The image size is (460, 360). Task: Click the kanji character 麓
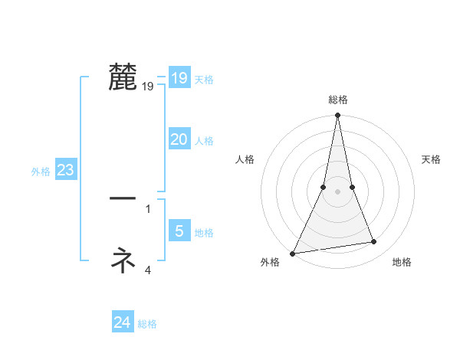point(123,77)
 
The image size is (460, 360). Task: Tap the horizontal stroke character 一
point(123,198)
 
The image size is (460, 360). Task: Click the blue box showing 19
point(179,78)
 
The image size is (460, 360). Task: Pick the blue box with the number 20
point(179,139)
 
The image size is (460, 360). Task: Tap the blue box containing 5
point(179,231)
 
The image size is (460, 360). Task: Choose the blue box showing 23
point(65,170)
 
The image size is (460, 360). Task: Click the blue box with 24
point(122,322)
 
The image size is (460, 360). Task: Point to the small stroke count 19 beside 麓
point(148,87)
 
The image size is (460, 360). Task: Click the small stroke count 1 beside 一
point(148,208)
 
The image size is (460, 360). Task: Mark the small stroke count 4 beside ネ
point(148,269)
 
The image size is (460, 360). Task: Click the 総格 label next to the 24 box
point(147,324)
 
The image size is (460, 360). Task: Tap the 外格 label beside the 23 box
point(41,172)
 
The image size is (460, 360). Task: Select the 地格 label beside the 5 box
point(204,232)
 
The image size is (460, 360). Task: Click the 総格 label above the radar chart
point(337,100)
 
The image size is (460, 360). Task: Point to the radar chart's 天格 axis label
point(432,159)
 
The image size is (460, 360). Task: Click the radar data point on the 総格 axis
point(337,116)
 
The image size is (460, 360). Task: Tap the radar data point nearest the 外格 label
point(293,253)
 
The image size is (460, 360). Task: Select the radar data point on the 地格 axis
point(373,242)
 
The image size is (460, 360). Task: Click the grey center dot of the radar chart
point(337,191)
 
